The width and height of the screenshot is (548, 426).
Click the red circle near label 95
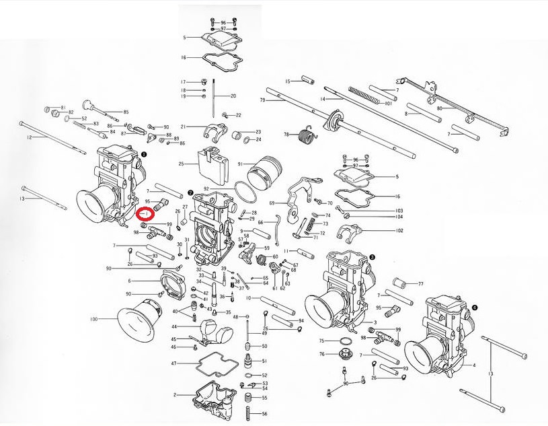pos(145,215)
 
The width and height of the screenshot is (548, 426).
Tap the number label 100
pos(93,318)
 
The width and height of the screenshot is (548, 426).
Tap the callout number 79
pos(264,100)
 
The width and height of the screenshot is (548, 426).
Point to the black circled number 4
pos(475,307)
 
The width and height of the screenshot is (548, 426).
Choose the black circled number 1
pos(143,154)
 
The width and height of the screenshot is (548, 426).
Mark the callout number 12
pos(29,137)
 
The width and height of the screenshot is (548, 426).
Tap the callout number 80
pos(439,108)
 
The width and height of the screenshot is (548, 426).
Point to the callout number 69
pos(272,203)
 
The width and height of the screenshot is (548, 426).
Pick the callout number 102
pos(399,231)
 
